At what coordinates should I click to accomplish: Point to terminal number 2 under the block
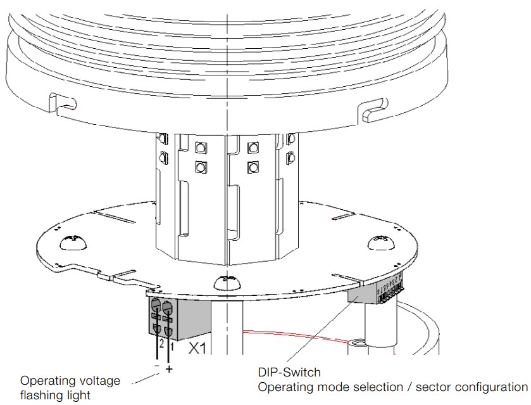click(161, 344)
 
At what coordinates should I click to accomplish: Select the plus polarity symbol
click(169, 368)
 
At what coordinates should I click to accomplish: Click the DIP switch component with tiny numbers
click(390, 291)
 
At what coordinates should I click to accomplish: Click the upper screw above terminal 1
click(168, 309)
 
